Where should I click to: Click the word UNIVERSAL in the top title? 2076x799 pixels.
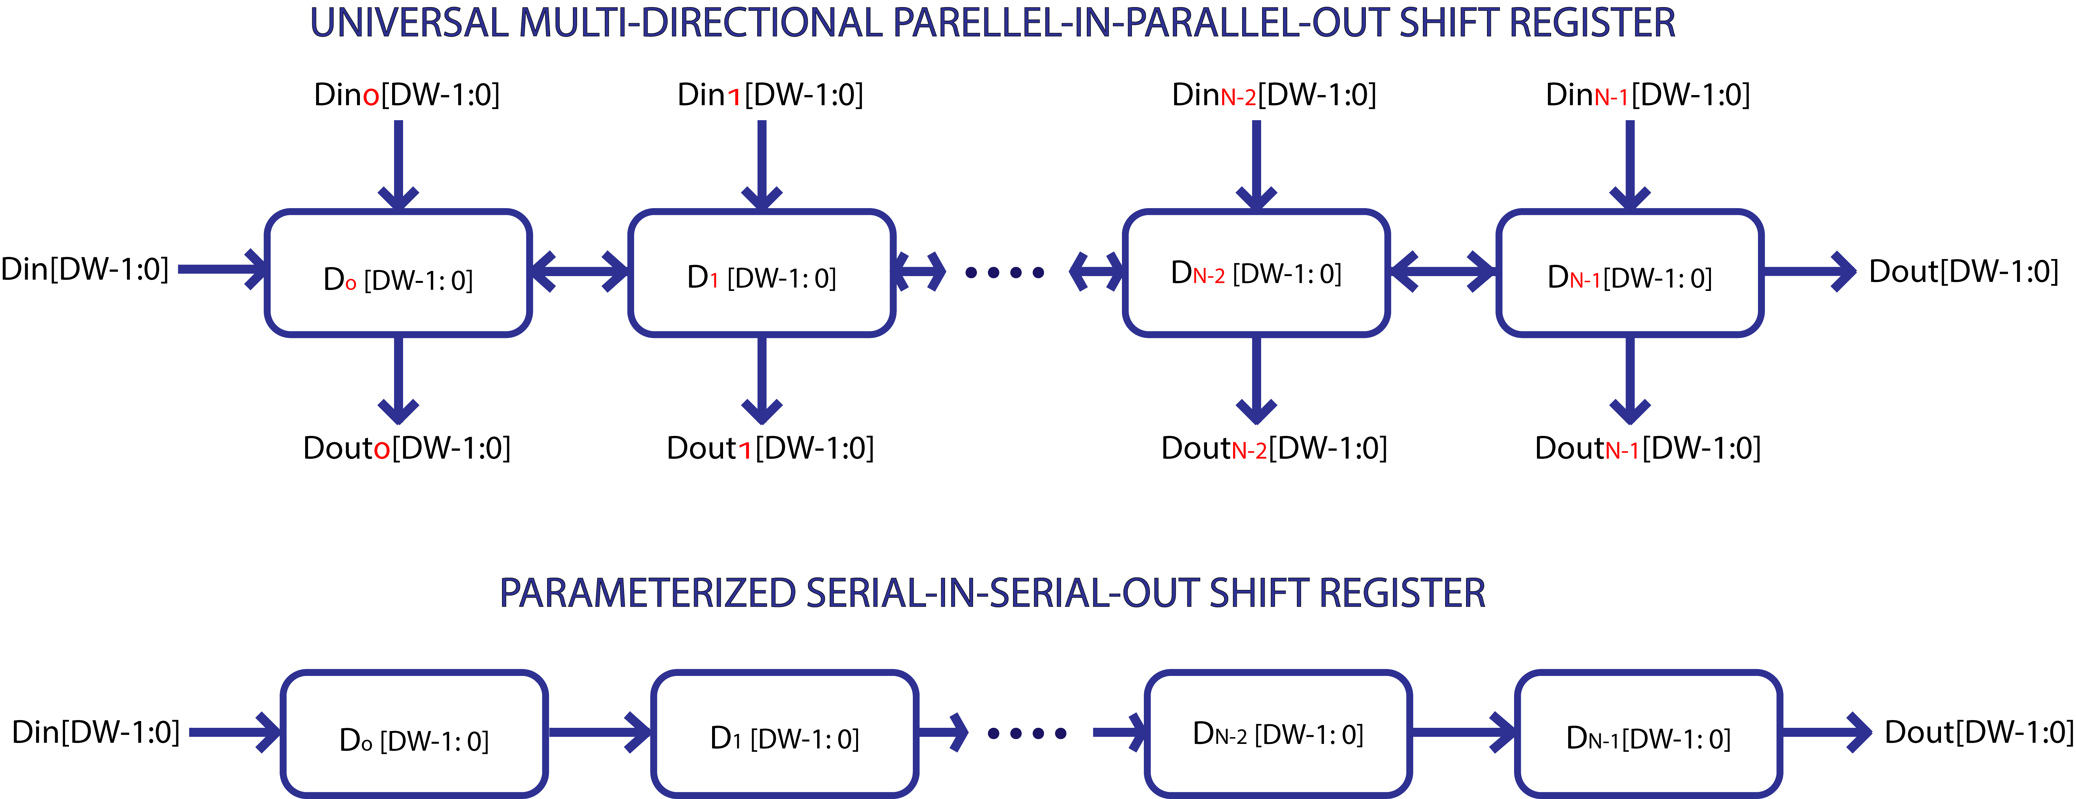[x=410, y=23]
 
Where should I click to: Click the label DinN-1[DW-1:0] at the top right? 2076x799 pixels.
[x=1647, y=95]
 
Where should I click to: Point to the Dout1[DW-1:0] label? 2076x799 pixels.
[x=770, y=448]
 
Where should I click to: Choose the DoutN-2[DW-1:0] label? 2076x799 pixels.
[x=1273, y=448]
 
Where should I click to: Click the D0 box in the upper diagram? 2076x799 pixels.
[x=398, y=274]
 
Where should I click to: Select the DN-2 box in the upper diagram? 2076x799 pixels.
[x=1256, y=274]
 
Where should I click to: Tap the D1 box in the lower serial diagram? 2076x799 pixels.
[x=784, y=735]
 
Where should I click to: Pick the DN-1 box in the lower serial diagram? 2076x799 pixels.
[x=1648, y=735]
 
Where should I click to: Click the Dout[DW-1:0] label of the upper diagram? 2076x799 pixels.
[x=1963, y=271]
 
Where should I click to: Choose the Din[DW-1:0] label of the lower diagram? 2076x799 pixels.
[x=95, y=732]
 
